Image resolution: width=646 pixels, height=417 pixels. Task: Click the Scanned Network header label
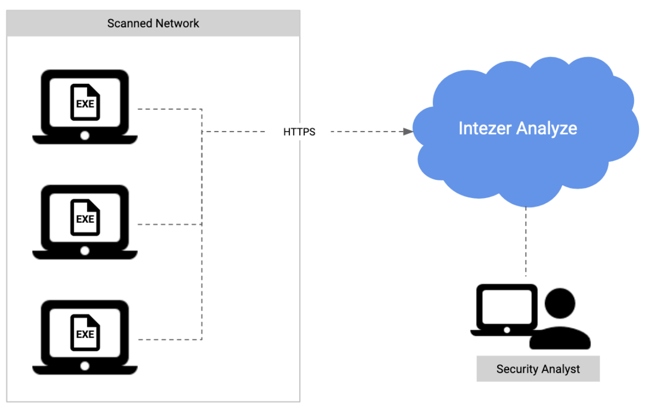pyautogui.click(x=153, y=23)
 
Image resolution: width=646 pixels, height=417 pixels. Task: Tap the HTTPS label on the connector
pyautogui.click(x=299, y=132)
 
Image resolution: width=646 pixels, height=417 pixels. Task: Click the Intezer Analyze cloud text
pyautogui.click(x=518, y=128)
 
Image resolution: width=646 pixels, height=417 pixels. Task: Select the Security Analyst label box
pyautogui.click(x=538, y=369)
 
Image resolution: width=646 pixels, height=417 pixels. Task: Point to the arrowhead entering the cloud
pyautogui.click(x=408, y=132)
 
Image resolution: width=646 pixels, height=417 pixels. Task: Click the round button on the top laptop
pyautogui.click(x=85, y=136)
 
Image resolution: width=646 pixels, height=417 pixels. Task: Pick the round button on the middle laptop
pyautogui.click(x=85, y=251)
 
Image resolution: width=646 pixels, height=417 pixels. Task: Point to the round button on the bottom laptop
pyautogui.click(x=85, y=366)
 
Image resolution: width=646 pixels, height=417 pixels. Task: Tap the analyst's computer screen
pyautogui.click(x=507, y=305)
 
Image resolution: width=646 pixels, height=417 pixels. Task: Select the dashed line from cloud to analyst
pyautogui.click(x=526, y=241)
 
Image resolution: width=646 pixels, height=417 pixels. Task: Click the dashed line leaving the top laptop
pyautogui.click(x=169, y=109)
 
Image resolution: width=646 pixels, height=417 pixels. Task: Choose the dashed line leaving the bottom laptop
pyautogui.click(x=169, y=340)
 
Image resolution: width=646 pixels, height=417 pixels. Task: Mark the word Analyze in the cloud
pyautogui.click(x=547, y=128)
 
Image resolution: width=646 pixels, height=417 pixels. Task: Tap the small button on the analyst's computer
pyautogui.click(x=507, y=330)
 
